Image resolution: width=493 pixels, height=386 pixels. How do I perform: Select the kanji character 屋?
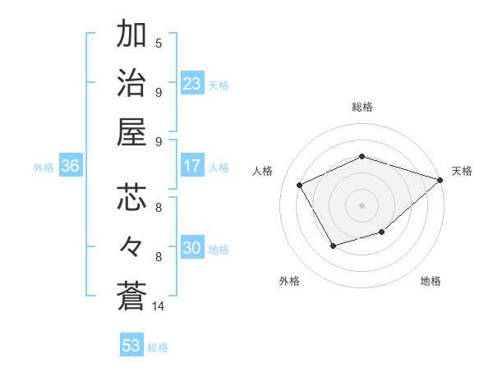tap(131, 131)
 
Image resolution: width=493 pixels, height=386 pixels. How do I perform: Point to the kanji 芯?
tap(131, 198)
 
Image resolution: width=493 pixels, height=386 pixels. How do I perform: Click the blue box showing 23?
tap(192, 84)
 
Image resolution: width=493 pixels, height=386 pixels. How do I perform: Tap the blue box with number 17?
tap(192, 166)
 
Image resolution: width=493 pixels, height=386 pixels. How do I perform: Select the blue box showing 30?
tap(192, 249)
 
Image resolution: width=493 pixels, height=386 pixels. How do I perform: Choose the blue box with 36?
tap(71, 166)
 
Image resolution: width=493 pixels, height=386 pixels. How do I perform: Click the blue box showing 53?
tap(131, 346)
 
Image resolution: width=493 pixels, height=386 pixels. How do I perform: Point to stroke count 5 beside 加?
tap(159, 43)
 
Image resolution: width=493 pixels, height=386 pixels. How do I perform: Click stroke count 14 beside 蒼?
tap(159, 306)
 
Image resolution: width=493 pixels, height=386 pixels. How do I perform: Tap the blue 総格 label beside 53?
tap(158, 347)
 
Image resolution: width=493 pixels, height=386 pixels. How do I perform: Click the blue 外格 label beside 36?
tap(44, 168)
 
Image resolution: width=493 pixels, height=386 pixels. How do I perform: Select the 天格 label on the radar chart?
tap(462, 171)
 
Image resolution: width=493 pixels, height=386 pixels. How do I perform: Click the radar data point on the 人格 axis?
tap(300, 185)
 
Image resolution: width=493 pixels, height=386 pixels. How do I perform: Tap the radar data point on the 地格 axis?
tap(382, 232)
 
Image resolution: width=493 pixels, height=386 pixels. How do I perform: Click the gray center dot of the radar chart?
tap(362, 204)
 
